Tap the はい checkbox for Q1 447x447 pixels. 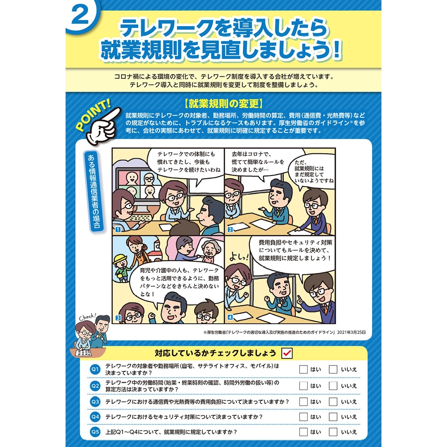303,369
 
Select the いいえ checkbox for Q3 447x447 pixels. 333,402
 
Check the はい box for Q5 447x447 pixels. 303,432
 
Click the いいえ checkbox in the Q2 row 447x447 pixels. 333,386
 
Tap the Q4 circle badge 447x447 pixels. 95,417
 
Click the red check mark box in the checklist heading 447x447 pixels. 287,353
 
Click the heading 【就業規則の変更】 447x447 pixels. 223,104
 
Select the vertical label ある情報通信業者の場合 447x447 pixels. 94,191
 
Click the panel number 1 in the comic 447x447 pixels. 118,229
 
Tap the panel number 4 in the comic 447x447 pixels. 230,317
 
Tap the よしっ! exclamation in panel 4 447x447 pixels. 239,257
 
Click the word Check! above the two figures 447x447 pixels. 88,317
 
